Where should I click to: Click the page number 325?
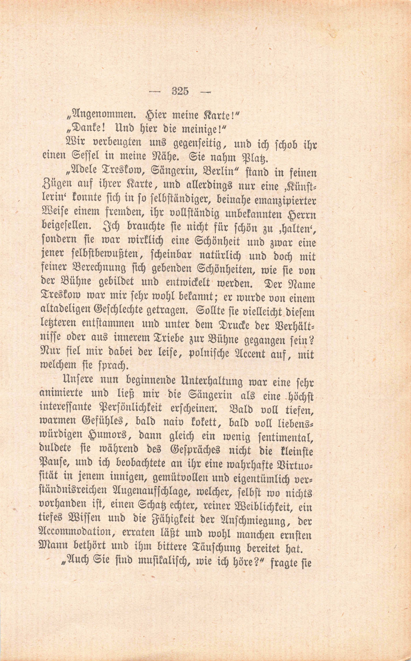tap(180, 91)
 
